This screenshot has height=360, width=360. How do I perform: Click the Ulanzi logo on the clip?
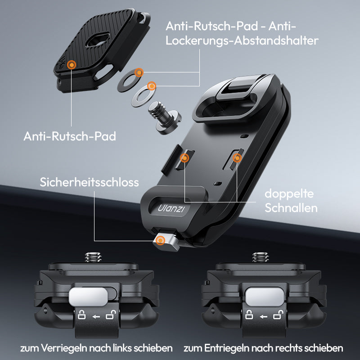pos(171,208)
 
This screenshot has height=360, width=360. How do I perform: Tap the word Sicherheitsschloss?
pos(89,182)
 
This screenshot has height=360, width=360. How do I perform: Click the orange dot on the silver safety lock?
pos(160,241)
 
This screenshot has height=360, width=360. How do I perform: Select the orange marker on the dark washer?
pos(139,72)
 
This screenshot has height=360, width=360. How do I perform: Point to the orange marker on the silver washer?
pos(151,86)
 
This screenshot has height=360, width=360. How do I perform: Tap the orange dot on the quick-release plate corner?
pos(72,65)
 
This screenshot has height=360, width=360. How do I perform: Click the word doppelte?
pos(289,194)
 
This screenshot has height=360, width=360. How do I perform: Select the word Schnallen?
pos(291,208)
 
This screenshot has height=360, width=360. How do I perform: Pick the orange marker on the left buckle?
pos(184,158)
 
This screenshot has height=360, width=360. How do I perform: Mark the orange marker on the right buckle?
pos(237,158)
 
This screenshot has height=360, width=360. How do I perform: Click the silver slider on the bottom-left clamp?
pos(89,297)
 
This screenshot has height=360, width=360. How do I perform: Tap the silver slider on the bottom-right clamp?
pos(265,297)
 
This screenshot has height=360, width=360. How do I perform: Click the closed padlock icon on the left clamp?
pos(81,315)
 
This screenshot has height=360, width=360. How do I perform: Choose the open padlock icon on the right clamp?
pos(278,315)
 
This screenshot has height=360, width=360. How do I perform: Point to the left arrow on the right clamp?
pos(263,317)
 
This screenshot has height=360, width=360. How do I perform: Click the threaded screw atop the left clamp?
pos(93,257)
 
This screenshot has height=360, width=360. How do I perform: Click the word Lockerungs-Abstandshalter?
pos(242,41)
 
